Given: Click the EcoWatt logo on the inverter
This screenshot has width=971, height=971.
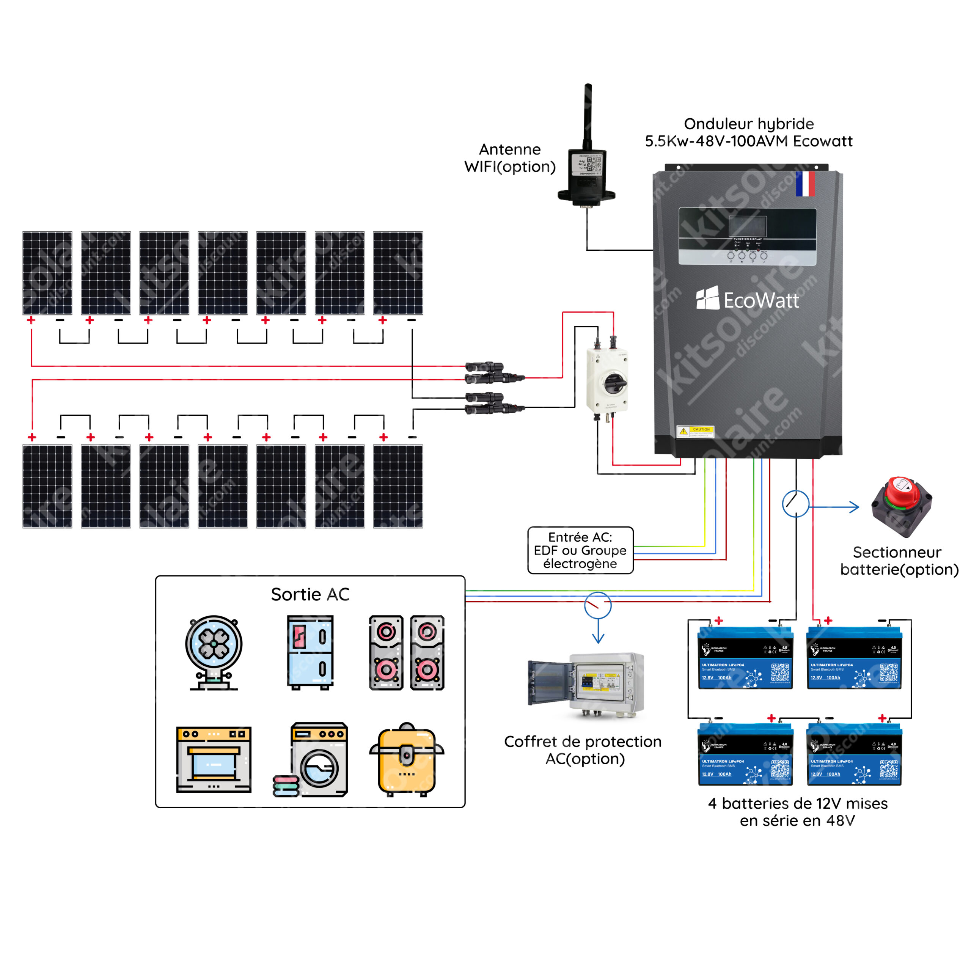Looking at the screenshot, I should click(x=747, y=300).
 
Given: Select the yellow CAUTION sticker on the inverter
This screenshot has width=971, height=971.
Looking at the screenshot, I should click(x=695, y=431).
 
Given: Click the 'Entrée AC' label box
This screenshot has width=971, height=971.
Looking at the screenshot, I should click(x=580, y=550).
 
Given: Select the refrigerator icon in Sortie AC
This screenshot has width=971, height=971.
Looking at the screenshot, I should click(x=310, y=652).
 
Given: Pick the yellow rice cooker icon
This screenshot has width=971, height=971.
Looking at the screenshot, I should click(x=407, y=759).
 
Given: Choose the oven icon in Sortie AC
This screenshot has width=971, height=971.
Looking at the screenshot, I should click(x=214, y=759).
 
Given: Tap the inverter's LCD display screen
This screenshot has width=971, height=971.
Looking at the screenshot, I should click(x=747, y=226).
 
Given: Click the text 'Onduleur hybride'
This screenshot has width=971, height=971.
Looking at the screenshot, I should click(x=748, y=124).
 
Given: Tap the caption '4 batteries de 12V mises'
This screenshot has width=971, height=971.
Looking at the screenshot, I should click(x=798, y=803).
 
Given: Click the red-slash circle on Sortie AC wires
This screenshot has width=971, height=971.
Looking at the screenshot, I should click(x=597, y=605).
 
